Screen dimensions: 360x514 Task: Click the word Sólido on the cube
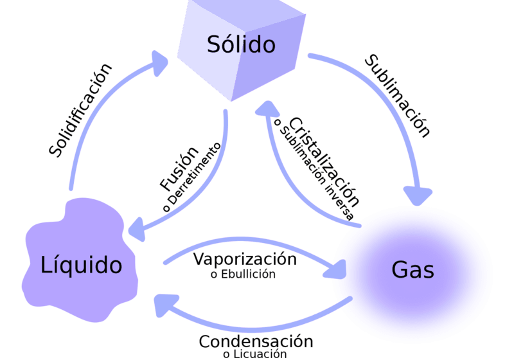pyautogui.click(x=241, y=45)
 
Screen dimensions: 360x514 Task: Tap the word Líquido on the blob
pyautogui.click(x=81, y=264)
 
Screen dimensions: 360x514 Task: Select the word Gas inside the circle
pyautogui.click(x=412, y=270)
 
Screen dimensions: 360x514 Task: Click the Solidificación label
pyautogui.click(x=80, y=110)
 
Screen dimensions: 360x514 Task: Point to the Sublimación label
pyautogui.click(x=397, y=96)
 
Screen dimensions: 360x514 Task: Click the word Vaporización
pyautogui.click(x=245, y=260)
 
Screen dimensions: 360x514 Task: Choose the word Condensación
pyautogui.click(x=255, y=342)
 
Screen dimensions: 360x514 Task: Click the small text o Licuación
pyautogui.click(x=254, y=354)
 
